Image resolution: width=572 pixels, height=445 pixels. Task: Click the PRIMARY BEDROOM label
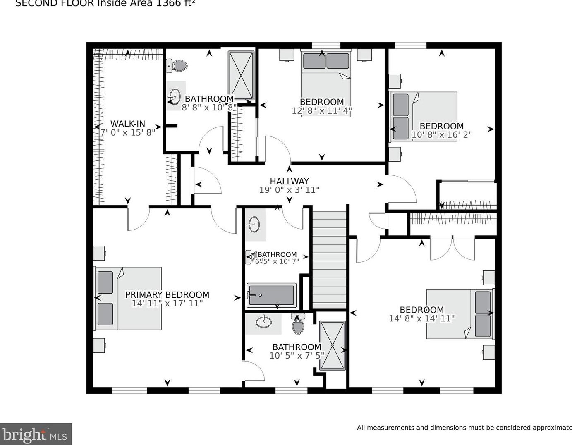click(x=167, y=294)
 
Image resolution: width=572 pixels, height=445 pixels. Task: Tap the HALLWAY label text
click(x=289, y=181)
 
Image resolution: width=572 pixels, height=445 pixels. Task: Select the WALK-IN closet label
click(x=128, y=124)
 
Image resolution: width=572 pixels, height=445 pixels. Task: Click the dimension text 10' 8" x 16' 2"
click(x=441, y=135)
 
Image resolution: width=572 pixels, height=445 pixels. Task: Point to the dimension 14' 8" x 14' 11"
click(x=421, y=318)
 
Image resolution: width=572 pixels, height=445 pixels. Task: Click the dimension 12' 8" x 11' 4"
click(x=322, y=111)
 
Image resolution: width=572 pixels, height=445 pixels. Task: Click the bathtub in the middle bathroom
click(x=271, y=295)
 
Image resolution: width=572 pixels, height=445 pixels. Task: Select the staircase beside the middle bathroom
click(x=329, y=259)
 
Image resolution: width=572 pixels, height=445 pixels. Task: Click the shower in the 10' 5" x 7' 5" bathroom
click(x=332, y=345)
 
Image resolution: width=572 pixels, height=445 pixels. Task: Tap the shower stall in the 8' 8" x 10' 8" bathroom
click(x=241, y=75)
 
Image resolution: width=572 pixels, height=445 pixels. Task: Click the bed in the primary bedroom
click(x=128, y=298)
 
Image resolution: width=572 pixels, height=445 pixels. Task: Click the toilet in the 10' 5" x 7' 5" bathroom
click(x=298, y=325)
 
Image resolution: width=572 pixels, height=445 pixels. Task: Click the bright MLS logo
click(x=36, y=434)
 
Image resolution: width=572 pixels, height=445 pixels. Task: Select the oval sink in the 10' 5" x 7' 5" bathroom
click(x=263, y=321)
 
